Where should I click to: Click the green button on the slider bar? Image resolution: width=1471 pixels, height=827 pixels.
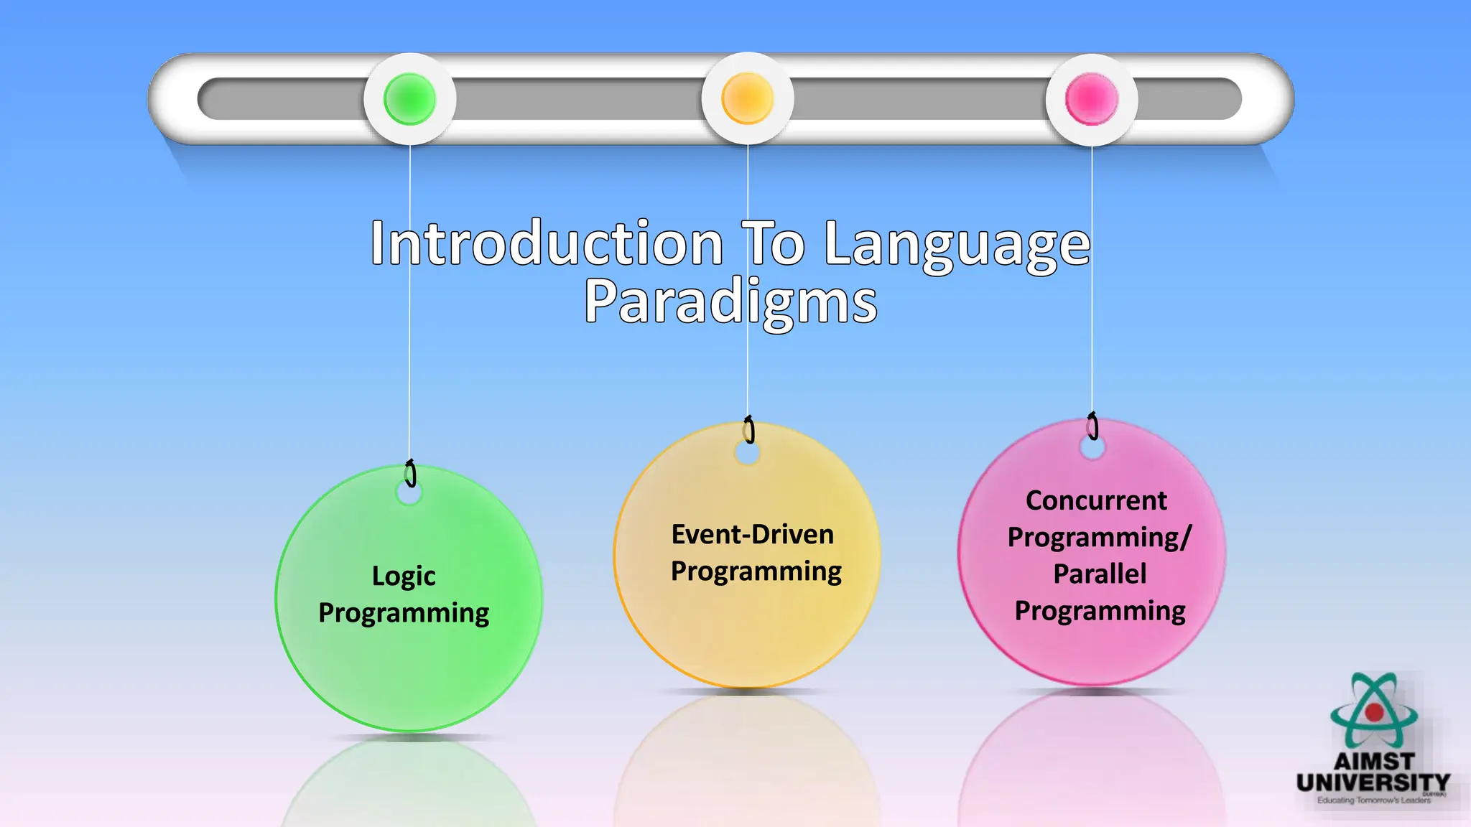(x=409, y=98)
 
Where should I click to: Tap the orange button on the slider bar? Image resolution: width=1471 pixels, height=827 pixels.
(x=747, y=98)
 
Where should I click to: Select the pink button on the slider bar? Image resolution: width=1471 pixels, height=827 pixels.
(x=1091, y=98)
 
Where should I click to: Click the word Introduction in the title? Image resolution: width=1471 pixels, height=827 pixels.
(x=546, y=244)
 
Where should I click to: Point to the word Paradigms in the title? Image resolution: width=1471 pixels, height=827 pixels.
(x=730, y=302)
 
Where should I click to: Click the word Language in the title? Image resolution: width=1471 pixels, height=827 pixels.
(x=957, y=246)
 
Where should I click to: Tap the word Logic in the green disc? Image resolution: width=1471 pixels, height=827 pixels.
(x=404, y=576)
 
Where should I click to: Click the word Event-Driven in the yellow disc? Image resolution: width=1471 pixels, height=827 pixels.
(x=752, y=535)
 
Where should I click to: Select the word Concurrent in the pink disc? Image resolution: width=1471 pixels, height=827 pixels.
(x=1096, y=500)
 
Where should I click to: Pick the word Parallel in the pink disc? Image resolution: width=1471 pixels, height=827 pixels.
(x=1100, y=574)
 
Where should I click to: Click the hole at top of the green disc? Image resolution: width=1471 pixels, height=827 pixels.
(x=409, y=493)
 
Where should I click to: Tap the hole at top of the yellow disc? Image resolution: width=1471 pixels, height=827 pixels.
(x=747, y=453)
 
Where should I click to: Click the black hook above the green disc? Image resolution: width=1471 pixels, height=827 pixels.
(x=411, y=474)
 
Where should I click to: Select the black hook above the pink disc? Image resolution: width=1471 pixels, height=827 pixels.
(x=1092, y=426)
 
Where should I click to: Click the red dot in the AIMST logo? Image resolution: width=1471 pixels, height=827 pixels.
(x=1374, y=712)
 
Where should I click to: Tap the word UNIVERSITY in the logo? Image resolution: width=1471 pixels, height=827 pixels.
(x=1373, y=782)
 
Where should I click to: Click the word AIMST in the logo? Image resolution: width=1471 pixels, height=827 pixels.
(x=1374, y=761)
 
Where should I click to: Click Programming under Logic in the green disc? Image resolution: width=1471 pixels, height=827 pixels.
(x=404, y=614)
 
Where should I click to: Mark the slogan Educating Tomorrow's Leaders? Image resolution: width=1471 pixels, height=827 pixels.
(x=1373, y=800)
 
